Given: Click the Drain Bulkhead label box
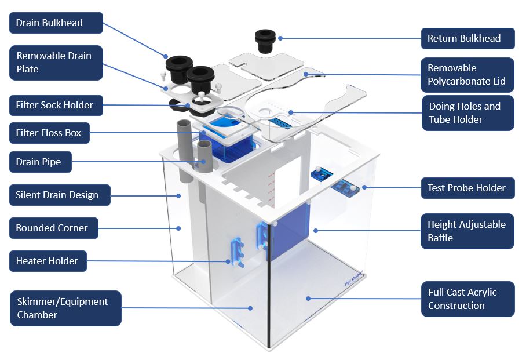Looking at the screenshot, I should [x=56, y=23].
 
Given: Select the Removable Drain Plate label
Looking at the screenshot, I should [x=56, y=63].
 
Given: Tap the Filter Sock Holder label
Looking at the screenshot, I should [x=56, y=106].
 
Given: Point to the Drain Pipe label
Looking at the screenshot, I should [x=41, y=162].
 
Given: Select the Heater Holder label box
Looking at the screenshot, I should [x=48, y=261].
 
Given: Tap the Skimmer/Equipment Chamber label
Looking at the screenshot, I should [x=65, y=308].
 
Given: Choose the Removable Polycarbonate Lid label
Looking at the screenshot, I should [x=467, y=75].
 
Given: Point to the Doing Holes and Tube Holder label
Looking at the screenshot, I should [x=467, y=113].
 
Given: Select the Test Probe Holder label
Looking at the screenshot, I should [x=467, y=188].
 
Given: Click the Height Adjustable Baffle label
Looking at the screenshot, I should [x=467, y=231].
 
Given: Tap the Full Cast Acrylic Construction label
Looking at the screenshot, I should [x=467, y=299].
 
